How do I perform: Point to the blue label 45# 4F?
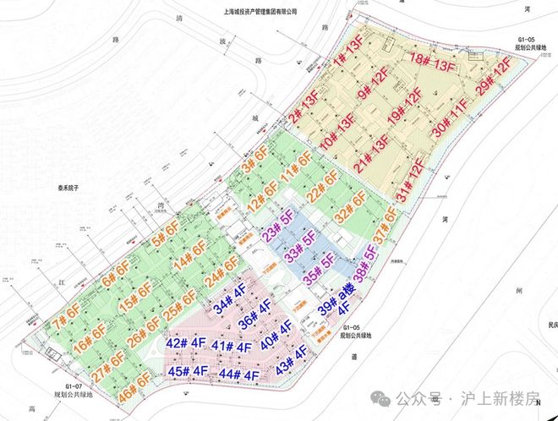(188, 370)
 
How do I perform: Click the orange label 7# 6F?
(65, 322)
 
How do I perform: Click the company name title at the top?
(261, 12)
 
